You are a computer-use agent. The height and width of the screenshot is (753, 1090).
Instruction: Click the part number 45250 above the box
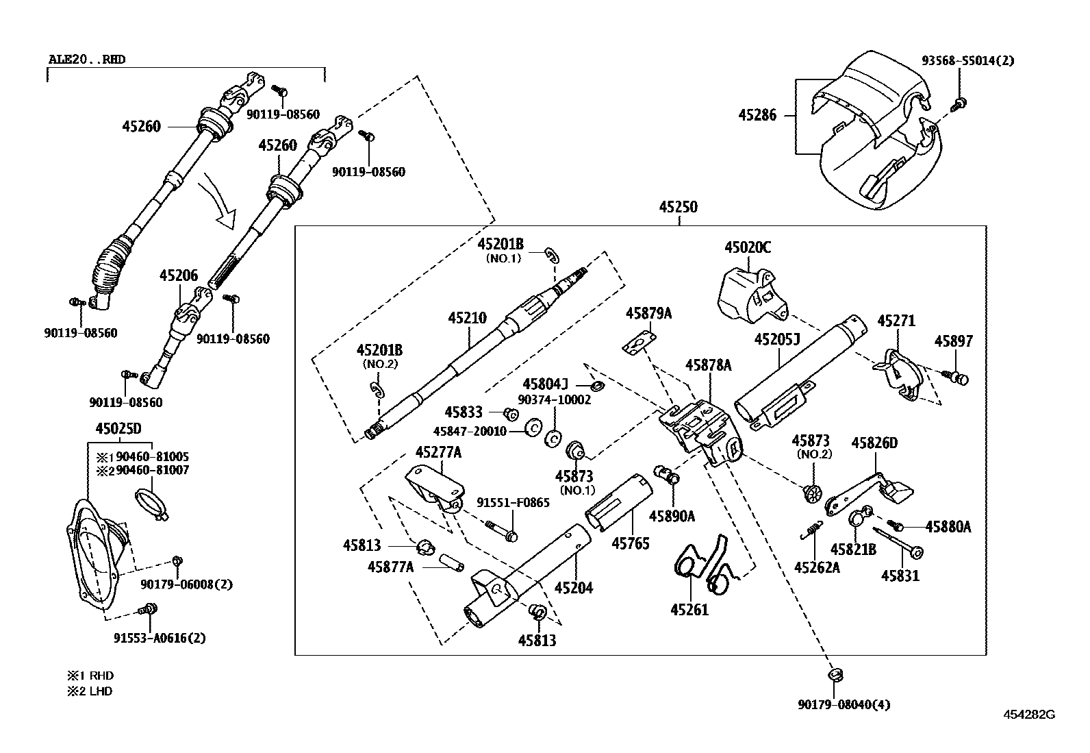click(x=678, y=206)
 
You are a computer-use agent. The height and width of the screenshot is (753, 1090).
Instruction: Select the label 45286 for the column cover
click(x=757, y=115)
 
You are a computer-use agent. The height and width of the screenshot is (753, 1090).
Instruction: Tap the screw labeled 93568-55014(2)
click(x=960, y=103)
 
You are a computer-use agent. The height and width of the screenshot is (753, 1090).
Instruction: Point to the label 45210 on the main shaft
click(x=468, y=318)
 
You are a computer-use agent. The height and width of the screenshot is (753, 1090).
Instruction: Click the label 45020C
click(x=748, y=247)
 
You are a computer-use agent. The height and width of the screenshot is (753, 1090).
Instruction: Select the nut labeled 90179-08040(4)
click(x=835, y=674)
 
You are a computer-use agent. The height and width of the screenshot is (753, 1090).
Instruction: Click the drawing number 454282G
click(x=1029, y=714)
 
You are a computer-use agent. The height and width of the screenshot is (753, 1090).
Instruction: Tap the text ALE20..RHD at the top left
click(x=87, y=60)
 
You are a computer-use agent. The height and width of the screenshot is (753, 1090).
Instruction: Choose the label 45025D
click(x=118, y=429)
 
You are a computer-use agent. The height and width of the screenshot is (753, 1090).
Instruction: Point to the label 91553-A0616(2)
click(x=160, y=638)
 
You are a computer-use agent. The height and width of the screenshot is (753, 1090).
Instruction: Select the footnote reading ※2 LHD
click(x=89, y=691)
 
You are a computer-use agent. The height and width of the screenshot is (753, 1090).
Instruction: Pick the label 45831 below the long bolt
click(x=900, y=576)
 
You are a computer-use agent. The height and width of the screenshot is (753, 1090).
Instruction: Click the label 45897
click(x=954, y=341)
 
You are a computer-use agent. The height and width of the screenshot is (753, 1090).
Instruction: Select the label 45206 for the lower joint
click(x=179, y=275)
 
